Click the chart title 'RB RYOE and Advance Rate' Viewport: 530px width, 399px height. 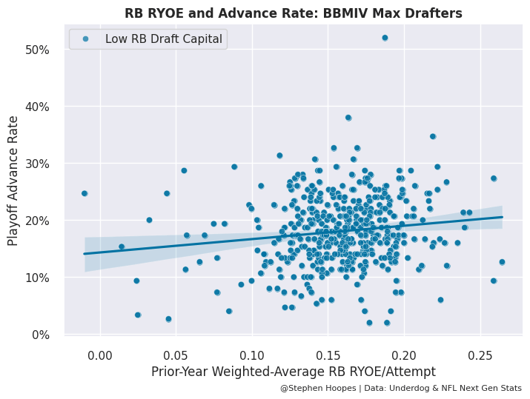pyautogui.click(x=293, y=13)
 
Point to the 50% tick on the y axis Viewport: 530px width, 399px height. pyautogui.click(x=37, y=50)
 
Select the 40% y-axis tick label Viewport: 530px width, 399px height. pyautogui.click(x=37, y=107)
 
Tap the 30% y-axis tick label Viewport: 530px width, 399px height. pyautogui.click(x=37, y=164)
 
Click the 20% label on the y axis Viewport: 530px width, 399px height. pyautogui.click(x=37, y=221)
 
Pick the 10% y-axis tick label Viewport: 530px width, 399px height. pyautogui.click(x=37, y=278)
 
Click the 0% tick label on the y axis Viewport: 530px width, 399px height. pyautogui.click(x=40, y=335)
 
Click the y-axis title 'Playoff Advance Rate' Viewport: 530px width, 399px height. pyautogui.click(x=13, y=179)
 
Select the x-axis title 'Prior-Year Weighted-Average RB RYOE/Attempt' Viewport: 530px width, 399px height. pyautogui.click(x=293, y=371)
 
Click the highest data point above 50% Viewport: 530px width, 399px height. pyautogui.click(x=385, y=38)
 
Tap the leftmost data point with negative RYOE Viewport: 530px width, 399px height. pyautogui.click(x=85, y=193)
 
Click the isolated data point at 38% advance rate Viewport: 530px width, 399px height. pyautogui.click(x=348, y=118)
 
